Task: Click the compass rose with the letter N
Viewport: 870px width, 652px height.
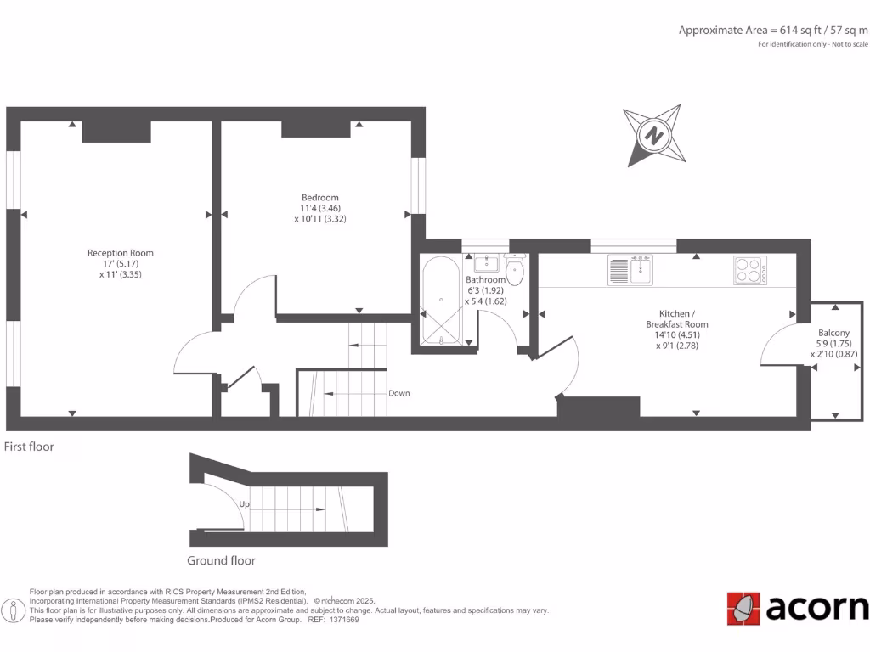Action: [653, 135]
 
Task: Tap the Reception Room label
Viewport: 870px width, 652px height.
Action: [120, 253]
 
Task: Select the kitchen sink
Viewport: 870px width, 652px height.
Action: [630, 270]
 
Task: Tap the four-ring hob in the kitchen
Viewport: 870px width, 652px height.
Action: [750, 270]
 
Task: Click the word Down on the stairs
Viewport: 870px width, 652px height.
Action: [399, 393]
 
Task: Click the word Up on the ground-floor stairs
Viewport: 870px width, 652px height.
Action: [244, 504]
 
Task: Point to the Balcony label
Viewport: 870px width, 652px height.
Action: [833, 333]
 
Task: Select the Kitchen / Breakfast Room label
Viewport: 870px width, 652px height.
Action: [676, 318]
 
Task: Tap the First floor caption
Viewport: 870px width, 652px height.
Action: [29, 447]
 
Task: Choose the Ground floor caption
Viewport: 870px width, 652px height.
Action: [221, 560]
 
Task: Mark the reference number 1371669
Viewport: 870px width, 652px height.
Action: [345, 620]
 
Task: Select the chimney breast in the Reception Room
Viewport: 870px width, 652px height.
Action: [116, 132]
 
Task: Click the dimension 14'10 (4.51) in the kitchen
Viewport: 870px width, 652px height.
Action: [676, 334]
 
